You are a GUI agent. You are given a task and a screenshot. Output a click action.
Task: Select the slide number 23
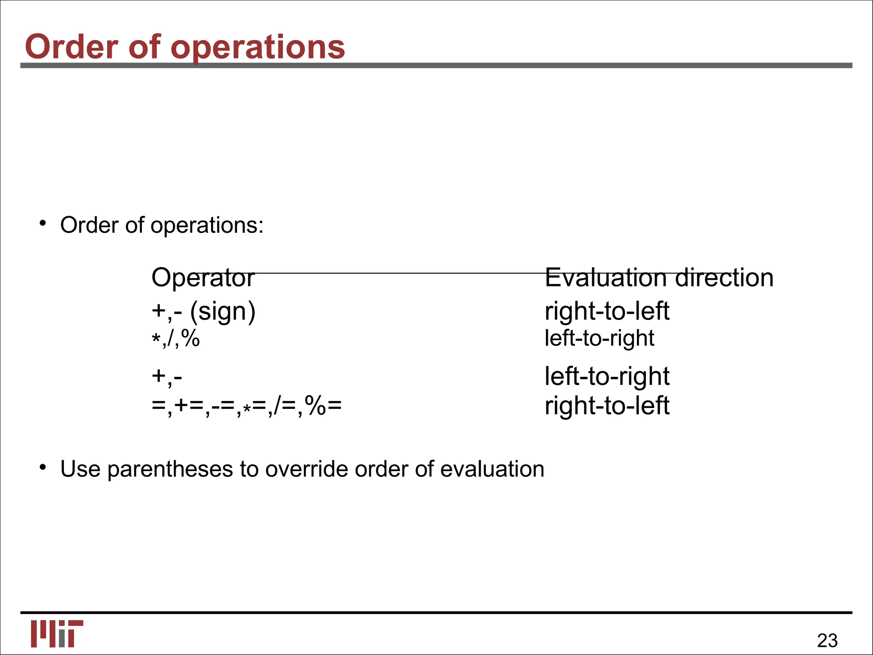point(827,641)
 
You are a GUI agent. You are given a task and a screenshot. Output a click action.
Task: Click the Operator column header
point(203,278)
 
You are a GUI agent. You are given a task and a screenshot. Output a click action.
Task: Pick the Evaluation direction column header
point(659,278)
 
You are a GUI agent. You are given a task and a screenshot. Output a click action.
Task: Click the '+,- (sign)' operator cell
point(203,311)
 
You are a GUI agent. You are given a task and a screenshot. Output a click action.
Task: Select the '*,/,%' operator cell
point(176,339)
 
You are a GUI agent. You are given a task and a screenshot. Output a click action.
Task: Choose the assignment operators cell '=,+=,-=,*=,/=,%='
point(246,406)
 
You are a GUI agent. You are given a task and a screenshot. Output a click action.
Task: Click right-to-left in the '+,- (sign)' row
point(607,311)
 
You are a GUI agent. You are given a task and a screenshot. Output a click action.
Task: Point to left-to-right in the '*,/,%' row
point(599,338)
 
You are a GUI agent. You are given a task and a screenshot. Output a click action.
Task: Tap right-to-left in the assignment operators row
point(607,406)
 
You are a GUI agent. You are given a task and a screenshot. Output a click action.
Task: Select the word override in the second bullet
point(306,469)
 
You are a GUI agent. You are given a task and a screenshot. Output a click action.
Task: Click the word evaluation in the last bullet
point(492,469)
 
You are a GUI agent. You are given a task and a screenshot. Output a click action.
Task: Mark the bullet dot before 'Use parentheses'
point(42,468)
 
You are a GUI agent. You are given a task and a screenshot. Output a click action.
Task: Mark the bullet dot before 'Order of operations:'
point(42,223)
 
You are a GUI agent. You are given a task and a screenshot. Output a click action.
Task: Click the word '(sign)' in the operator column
point(223,312)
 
